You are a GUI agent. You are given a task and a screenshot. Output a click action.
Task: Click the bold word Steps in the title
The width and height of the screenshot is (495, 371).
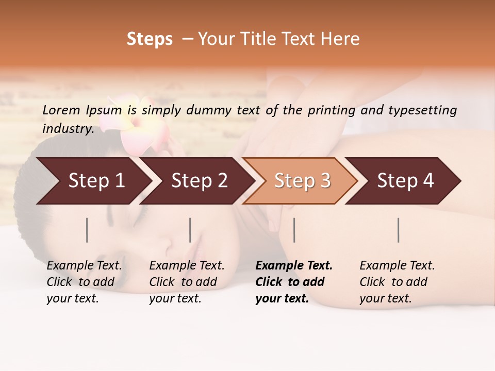pyautogui.click(x=150, y=39)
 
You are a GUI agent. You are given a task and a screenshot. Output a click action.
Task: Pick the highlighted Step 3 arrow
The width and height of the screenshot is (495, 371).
pyautogui.click(x=302, y=181)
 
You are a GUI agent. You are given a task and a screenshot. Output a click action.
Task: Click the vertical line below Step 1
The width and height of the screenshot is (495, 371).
pyautogui.click(x=87, y=230)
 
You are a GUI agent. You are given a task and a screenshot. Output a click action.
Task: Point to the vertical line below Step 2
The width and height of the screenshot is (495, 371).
pyautogui.click(x=190, y=230)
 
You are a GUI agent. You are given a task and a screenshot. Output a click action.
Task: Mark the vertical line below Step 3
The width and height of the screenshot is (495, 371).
pyautogui.click(x=294, y=230)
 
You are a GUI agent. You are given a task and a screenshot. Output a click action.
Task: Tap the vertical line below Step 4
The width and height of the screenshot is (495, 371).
pyautogui.click(x=399, y=230)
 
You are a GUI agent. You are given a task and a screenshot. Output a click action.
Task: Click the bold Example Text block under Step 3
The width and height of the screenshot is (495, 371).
pyautogui.click(x=294, y=282)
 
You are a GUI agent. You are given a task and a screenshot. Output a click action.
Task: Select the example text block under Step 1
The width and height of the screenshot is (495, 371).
pyautogui.click(x=84, y=282)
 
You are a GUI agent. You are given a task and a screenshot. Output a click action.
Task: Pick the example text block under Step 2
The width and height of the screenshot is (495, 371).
pyautogui.click(x=187, y=282)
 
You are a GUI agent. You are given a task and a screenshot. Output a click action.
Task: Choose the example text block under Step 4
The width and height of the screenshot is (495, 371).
pyautogui.click(x=397, y=282)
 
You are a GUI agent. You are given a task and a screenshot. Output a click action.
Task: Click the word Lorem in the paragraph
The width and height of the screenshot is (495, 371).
pyautogui.click(x=61, y=110)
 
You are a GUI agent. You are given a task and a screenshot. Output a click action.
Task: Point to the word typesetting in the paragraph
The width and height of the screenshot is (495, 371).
pyautogui.click(x=422, y=110)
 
